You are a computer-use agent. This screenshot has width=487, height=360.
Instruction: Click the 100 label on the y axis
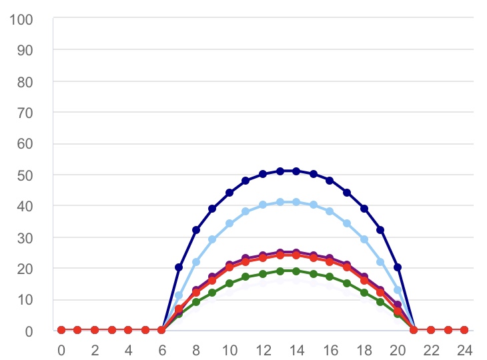(23, 19)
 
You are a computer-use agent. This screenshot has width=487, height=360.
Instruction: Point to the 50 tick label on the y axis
(26, 175)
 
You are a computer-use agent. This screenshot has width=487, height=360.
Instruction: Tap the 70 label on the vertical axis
(26, 112)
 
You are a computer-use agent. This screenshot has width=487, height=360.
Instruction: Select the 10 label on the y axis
(26, 299)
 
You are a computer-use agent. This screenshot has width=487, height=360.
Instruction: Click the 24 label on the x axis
(464, 349)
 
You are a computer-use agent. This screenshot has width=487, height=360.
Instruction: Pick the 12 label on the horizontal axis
(263, 349)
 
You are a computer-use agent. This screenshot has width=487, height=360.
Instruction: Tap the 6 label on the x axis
(161, 349)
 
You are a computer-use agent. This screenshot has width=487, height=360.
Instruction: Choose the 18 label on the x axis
(364, 349)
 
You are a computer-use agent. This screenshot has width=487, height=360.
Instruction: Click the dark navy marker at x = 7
(179, 267)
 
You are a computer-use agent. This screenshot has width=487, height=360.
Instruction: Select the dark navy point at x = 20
(398, 267)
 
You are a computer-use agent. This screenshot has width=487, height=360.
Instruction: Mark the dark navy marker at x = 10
(229, 193)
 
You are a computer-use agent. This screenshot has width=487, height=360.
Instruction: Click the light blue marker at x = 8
(196, 262)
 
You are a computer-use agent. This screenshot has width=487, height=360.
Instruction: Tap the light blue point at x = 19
(381, 262)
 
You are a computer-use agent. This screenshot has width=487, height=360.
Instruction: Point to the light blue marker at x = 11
(246, 211)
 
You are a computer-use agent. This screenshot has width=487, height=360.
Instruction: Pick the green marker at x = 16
(330, 277)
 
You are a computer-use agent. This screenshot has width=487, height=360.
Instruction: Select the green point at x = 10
(229, 283)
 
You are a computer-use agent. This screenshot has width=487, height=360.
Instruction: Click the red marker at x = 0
(61, 330)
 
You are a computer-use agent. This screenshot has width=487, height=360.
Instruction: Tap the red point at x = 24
(464, 330)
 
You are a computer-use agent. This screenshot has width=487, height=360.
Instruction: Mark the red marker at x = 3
(111, 330)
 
